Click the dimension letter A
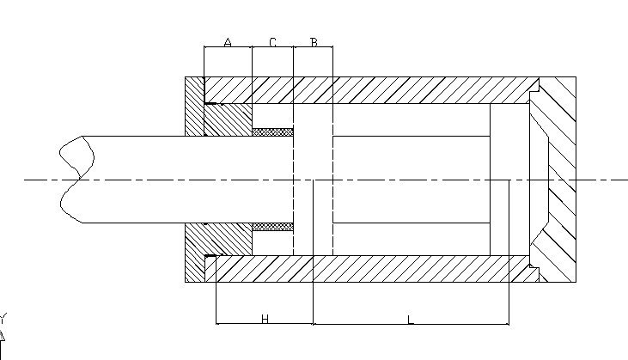coord(228,41)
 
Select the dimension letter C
coord(272,41)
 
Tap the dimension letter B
coord(314,41)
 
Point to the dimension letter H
coord(265,319)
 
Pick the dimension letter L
coord(411,319)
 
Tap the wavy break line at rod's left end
coord(74,180)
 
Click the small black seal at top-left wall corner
coord(209,104)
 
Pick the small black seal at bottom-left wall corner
coord(209,257)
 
